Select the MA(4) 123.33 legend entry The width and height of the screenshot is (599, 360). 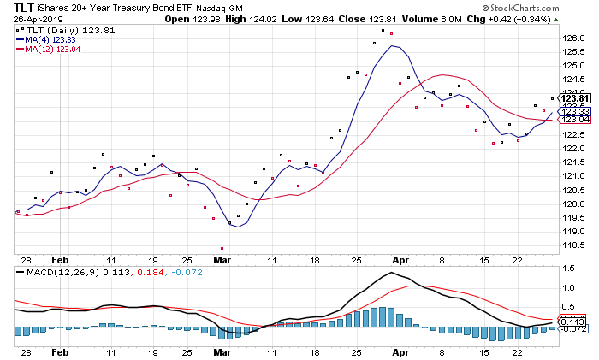[51, 39]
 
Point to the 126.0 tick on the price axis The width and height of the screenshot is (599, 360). [572, 38]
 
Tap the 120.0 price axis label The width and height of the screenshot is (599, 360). [572, 204]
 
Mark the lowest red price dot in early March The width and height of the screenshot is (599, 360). [222, 248]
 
